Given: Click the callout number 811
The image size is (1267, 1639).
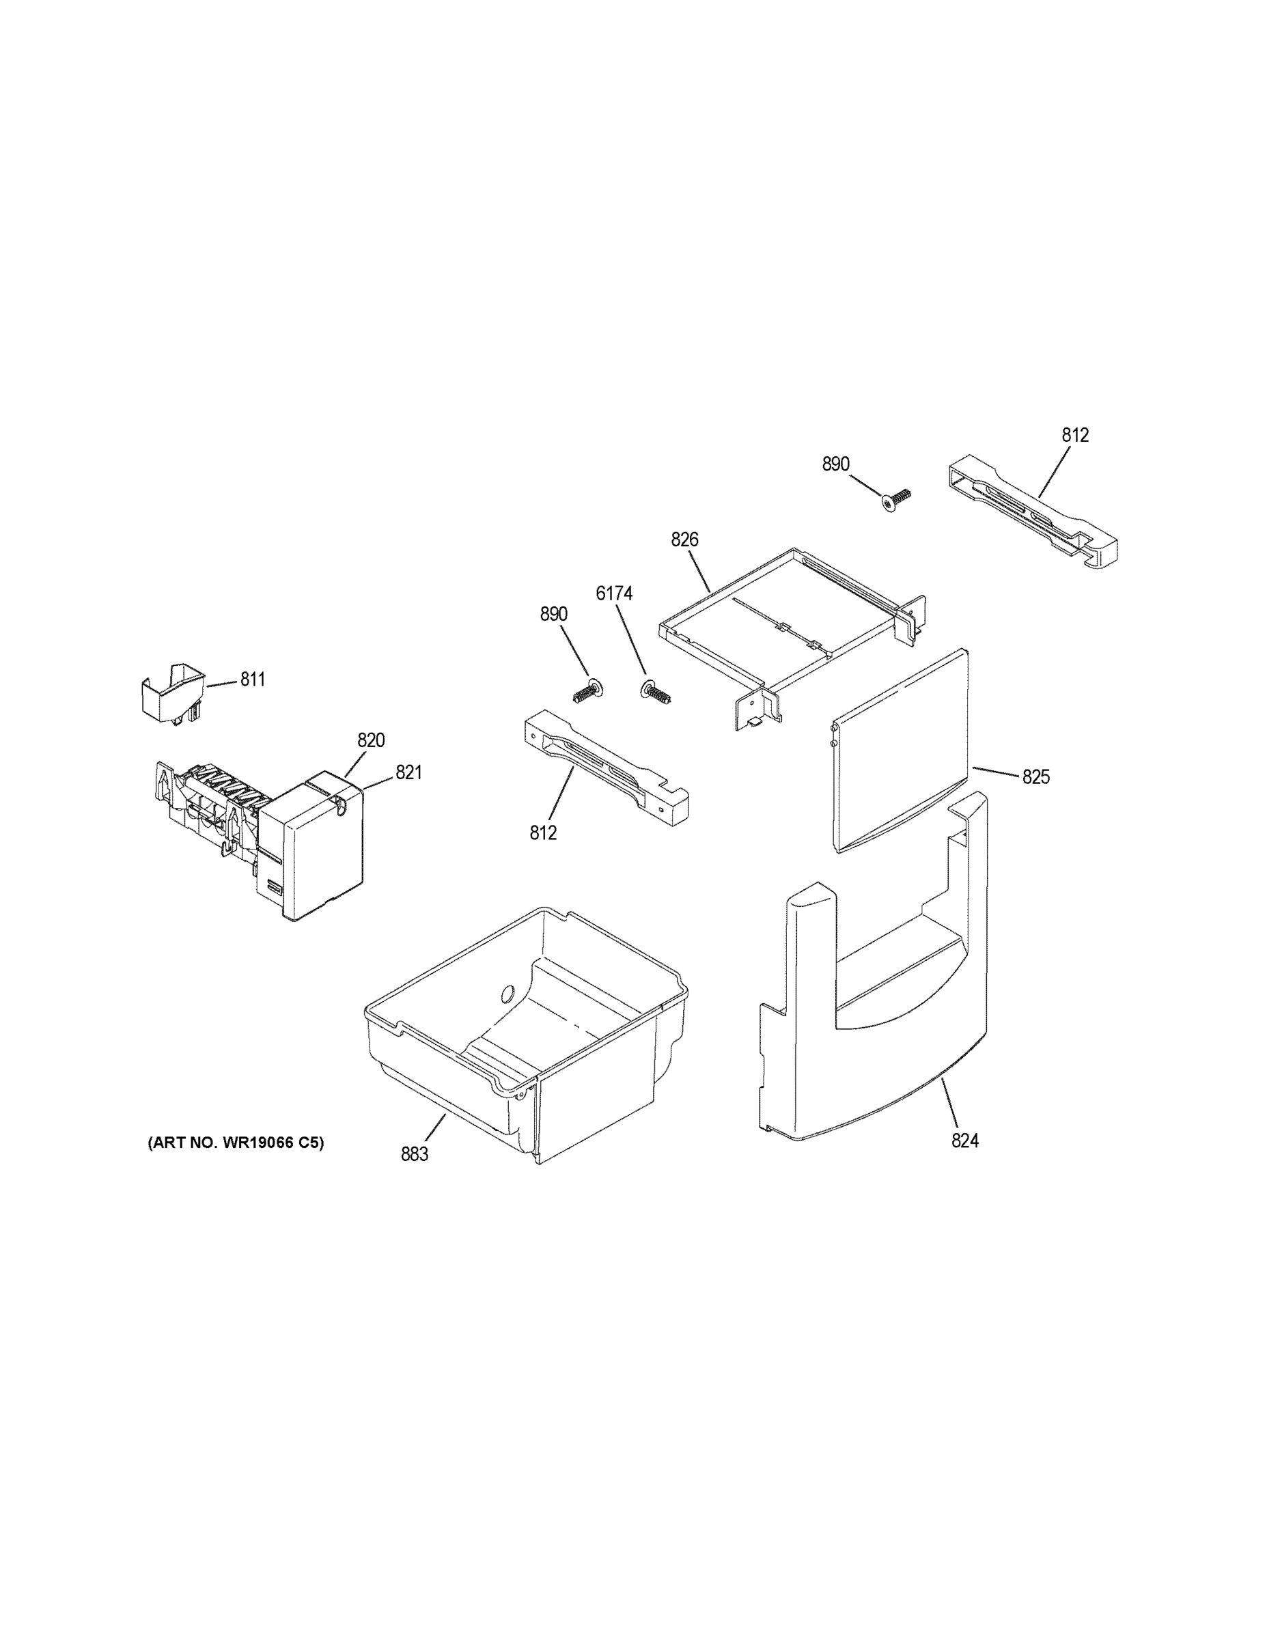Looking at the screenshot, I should [x=252, y=680].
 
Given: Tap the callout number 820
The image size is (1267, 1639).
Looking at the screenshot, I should [x=371, y=741].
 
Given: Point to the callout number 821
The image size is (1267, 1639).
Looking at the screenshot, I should [x=408, y=772].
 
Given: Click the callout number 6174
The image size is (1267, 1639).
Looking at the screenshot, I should [x=614, y=593].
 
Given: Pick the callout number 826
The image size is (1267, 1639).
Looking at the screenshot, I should [x=684, y=540].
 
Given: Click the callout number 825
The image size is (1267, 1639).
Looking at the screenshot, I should [x=1036, y=777].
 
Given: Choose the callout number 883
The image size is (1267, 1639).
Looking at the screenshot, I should [x=415, y=1155].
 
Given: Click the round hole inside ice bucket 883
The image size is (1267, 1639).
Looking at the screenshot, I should [x=506, y=994].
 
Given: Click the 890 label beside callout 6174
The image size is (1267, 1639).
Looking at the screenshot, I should [x=554, y=615].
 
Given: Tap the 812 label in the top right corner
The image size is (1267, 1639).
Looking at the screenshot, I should [x=1075, y=435].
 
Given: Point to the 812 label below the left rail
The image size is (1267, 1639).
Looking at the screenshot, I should [x=544, y=833].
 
